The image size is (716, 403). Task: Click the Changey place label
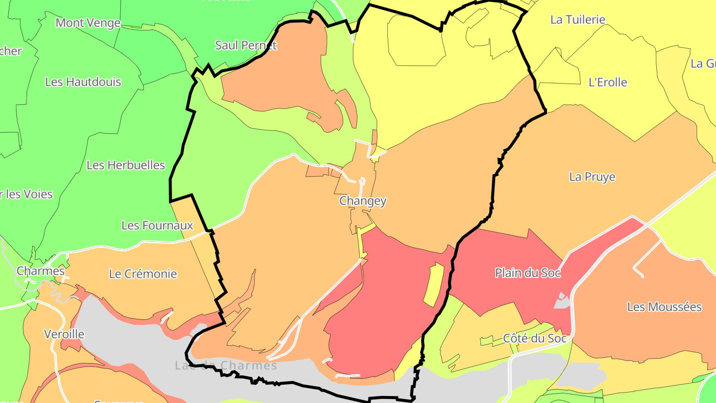tap(362, 201)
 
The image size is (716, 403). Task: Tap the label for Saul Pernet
tap(246, 45)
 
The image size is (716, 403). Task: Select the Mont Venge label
tap(88, 23)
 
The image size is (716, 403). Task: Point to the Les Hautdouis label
tap(83, 82)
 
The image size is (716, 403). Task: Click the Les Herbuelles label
tap(126, 165)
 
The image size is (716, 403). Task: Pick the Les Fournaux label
tap(157, 225)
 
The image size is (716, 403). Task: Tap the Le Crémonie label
tap(143, 274)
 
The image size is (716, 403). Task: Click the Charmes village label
tap(41, 271)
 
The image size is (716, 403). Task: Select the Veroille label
tap(64, 334)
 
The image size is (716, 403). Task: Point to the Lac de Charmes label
tap(226, 366)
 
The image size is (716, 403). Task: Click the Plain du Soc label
tap(528, 273)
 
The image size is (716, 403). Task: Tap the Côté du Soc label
tap(535, 338)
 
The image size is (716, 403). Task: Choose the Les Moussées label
tap(664, 307)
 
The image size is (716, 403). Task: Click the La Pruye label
tap(592, 177)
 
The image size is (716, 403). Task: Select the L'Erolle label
tap(608, 83)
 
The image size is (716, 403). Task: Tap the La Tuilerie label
tap(578, 20)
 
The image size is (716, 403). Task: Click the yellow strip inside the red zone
tap(433, 284)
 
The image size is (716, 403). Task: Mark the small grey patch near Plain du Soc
tap(561, 301)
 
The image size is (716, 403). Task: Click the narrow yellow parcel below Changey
tap(361, 244)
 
